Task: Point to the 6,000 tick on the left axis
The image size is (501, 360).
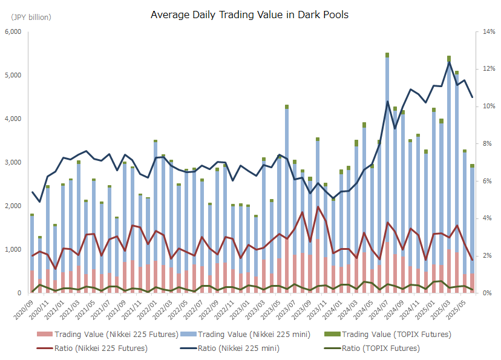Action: click(x=13, y=32)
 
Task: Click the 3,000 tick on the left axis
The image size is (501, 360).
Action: click(x=13, y=163)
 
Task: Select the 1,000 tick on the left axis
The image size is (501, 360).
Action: click(x=13, y=250)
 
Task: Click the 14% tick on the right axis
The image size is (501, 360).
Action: click(x=486, y=32)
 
